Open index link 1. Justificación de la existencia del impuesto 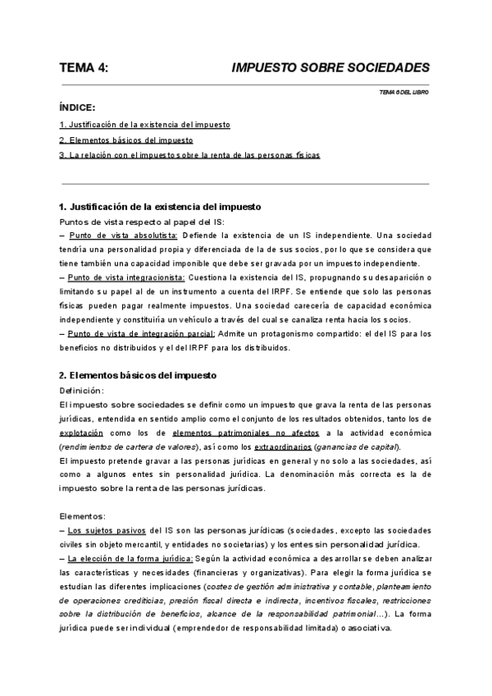[145, 125]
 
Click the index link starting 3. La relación [190, 155]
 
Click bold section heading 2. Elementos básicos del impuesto [139, 375]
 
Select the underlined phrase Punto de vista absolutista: [123, 236]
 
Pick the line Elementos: [82, 517]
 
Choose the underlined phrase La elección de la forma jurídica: [129, 559]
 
